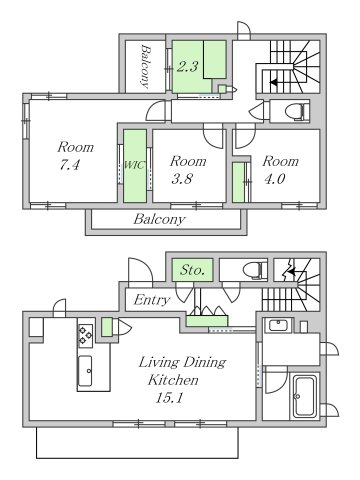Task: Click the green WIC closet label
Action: (135, 165)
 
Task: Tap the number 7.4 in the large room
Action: (70, 165)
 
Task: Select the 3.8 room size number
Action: (182, 179)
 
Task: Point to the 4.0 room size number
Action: (274, 179)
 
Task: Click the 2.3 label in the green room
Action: (187, 67)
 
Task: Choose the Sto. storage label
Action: (192, 270)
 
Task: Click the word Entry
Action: (152, 300)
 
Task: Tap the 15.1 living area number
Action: (169, 398)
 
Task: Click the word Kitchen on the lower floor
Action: (173, 380)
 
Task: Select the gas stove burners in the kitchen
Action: (86, 336)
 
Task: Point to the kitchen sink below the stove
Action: (85, 371)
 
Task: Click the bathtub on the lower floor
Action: (304, 397)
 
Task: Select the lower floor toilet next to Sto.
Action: (254, 270)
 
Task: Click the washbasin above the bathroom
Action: (279, 324)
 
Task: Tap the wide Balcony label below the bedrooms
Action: (159, 219)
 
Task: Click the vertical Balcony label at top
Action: (145, 66)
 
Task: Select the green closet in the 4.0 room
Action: (238, 182)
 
